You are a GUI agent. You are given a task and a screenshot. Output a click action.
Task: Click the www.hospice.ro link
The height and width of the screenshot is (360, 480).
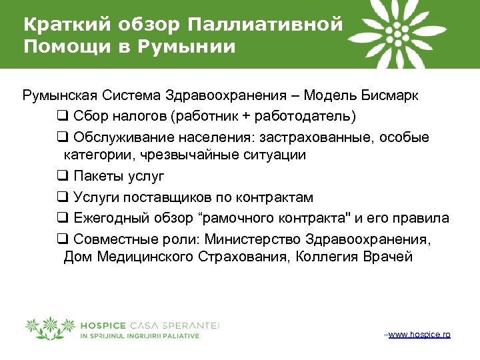pyautogui.click(x=419, y=333)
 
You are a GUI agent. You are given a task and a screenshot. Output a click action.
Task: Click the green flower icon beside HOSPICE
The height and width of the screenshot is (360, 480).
pyautogui.click(x=50, y=327)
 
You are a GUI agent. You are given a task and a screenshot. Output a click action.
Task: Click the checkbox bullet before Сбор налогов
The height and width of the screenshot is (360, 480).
pyautogui.click(x=62, y=116)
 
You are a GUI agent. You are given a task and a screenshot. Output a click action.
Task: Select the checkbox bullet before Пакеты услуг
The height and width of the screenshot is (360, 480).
pyautogui.click(x=62, y=177)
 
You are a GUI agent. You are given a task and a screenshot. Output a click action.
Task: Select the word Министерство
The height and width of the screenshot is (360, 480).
pyautogui.click(x=253, y=239)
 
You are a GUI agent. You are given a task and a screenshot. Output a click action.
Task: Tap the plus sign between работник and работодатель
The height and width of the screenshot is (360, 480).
pyautogui.click(x=247, y=116)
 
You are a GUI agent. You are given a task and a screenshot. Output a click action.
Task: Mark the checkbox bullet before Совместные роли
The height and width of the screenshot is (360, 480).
pyautogui.click(x=62, y=238)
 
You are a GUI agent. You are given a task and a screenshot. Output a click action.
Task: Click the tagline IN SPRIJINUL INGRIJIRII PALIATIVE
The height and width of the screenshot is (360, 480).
pyautogui.click(x=139, y=336)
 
